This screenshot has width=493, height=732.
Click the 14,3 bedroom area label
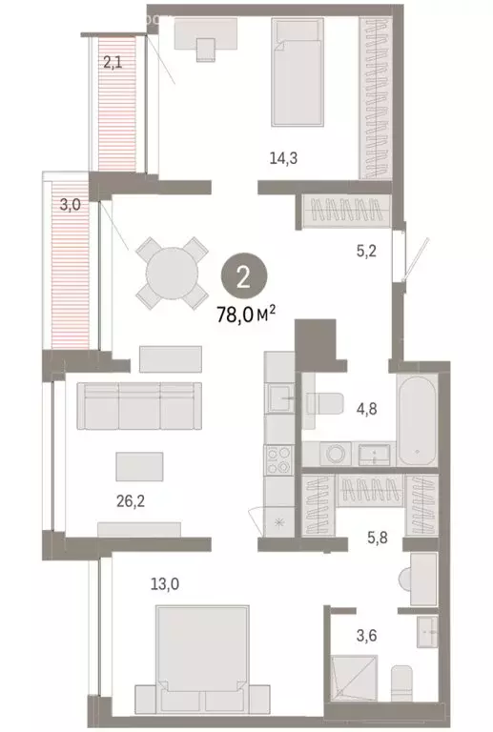(280, 160)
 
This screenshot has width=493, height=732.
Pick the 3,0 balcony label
(70, 204)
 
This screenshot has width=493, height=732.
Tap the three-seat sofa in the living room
(139, 405)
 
